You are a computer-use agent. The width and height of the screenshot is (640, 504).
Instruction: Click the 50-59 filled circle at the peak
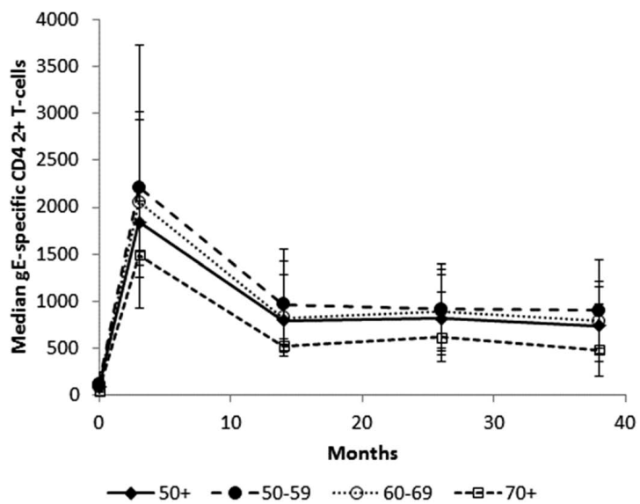tap(139, 187)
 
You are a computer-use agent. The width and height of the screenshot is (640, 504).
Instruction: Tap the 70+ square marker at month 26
tap(441, 338)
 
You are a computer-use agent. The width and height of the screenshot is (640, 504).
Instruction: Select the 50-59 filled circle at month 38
tap(599, 310)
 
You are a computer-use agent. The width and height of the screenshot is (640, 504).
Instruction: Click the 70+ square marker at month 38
tap(599, 350)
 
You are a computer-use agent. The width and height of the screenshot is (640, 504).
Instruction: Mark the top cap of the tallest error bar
tap(139, 44)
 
